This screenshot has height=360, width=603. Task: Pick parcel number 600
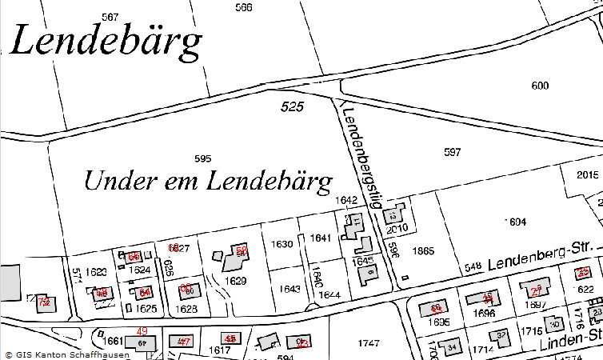[541, 86]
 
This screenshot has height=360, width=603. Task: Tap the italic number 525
[292, 106]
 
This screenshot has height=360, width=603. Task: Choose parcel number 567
[110, 17]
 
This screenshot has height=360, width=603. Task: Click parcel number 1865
[423, 251]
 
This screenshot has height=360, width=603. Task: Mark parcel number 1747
[368, 343]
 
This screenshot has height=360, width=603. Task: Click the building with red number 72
[43, 303]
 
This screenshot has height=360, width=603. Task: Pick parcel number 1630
[282, 243]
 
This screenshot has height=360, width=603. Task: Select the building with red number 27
[536, 290]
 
